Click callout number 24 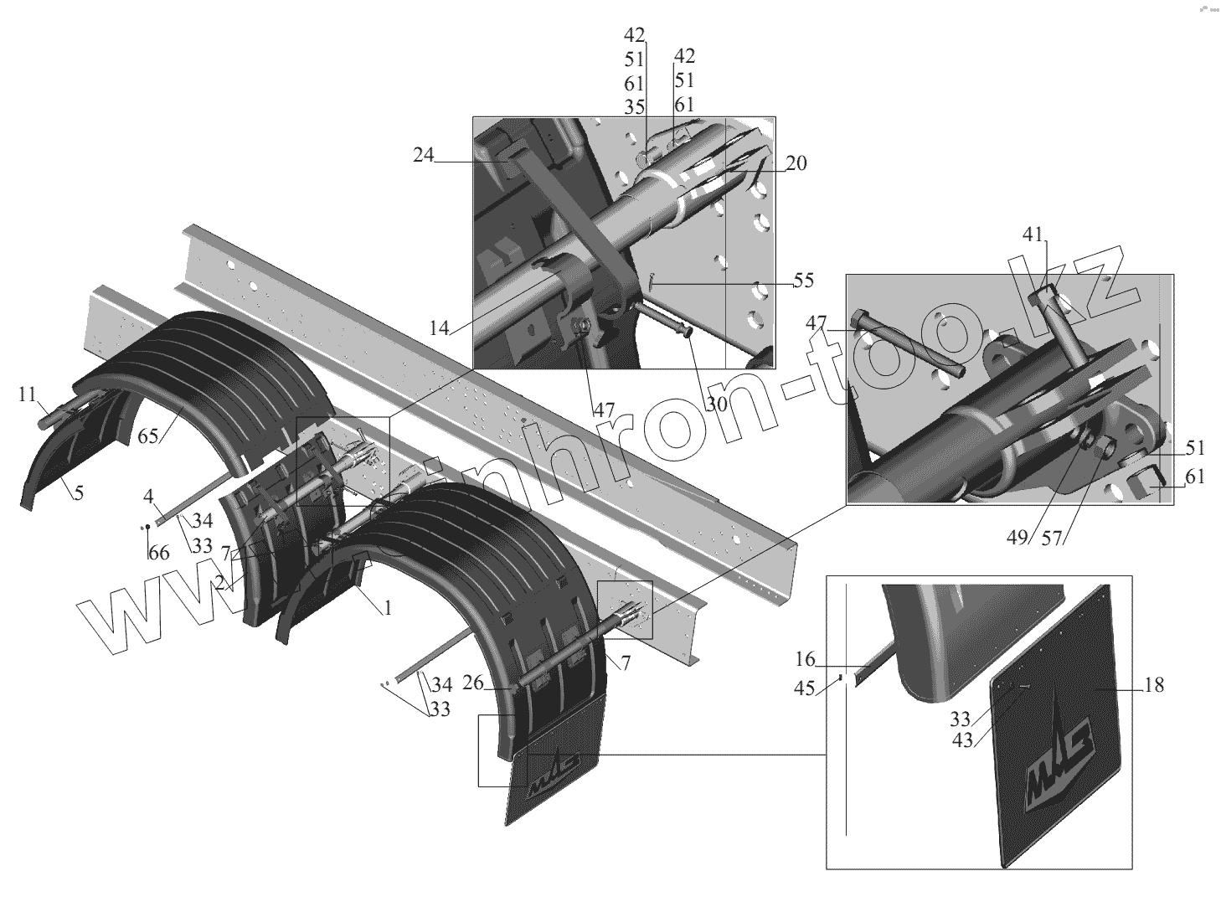pyautogui.click(x=423, y=156)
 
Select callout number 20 pyautogui.click(x=796, y=163)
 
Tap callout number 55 pyautogui.click(x=802, y=281)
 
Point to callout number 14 pyautogui.click(x=440, y=328)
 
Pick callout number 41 pyautogui.click(x=1032, y=236)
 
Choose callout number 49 pyautogui.click(x=1017, y=538)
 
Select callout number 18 pyautogui.click(x=1153, y=685)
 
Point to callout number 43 pyautogui.click(x=962, y=740)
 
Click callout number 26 pyautogui.click(x=473, y=683)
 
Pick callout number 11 pyautogui.click(x=27, y=393)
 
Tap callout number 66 pyautogui.click(x=157, y=553)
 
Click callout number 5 pyautogui.click(x=78, y=492)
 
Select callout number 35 pyautogui.click(x=634, y=107)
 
